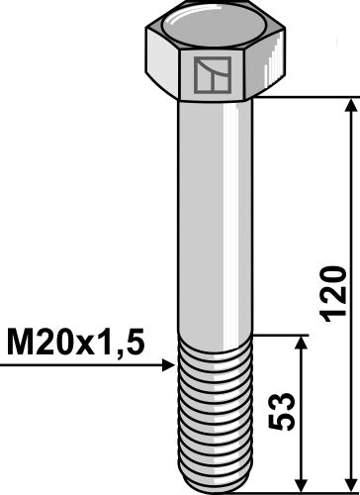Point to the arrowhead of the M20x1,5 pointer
point(169,367)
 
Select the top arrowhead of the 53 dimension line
point(300,341)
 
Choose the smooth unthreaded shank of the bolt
point(213,218)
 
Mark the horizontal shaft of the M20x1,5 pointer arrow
point(79,367)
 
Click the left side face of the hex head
point(162,64)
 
